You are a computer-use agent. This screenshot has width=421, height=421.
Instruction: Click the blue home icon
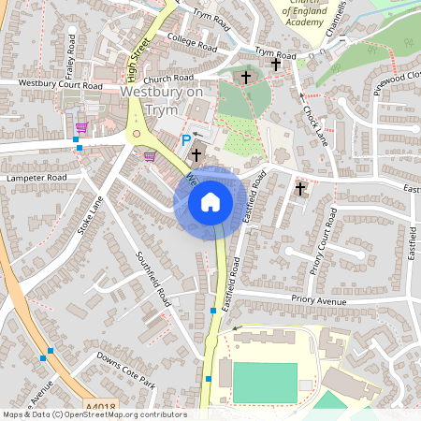coord(210,202)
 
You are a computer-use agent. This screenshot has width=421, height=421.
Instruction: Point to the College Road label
coord(192,42)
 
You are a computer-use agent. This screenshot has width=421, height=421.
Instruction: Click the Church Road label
coord(168,79)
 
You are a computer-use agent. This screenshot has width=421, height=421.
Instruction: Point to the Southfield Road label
coord(152,280)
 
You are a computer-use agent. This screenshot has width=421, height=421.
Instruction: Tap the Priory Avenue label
coord(318,301)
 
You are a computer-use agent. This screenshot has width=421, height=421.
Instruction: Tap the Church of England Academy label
coord(309,14)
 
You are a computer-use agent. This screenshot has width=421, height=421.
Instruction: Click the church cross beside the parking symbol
coord(196,154)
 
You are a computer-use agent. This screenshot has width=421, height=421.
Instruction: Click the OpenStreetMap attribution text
coord(94,414)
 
